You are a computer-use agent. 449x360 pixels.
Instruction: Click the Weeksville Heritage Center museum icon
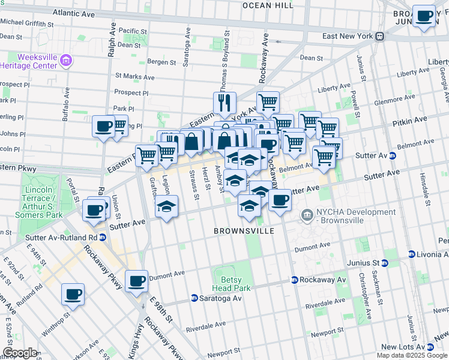click(66, 60)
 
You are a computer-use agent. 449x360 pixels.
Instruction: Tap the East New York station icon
click(380, 36)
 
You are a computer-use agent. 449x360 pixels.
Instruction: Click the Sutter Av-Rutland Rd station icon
click(103, 237)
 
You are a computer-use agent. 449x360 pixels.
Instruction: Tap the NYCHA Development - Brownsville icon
click(307, 214)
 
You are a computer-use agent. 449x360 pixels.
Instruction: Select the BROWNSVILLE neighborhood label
click(244, 231)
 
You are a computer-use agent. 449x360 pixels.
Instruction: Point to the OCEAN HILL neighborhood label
click(268, 5)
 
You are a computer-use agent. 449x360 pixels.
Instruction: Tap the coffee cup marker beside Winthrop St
click(73, 294)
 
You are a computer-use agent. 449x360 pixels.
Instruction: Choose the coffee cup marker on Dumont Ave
click(137, 281)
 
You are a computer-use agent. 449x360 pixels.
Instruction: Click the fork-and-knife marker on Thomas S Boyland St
click(224, 103)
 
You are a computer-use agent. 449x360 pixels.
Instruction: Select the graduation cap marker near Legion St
click(166, 207)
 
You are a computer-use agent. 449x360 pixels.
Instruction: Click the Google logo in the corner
click(20, 353)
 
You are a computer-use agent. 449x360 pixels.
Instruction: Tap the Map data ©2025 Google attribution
click(412, 355)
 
